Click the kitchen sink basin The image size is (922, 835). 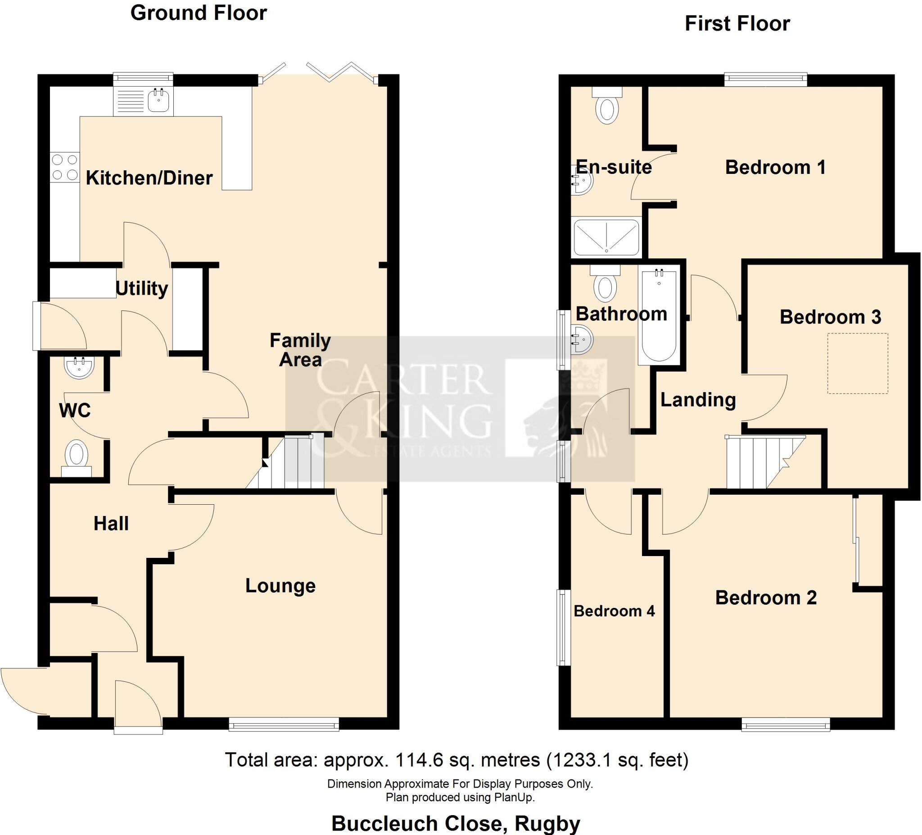158,100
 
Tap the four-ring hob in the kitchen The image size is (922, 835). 64,167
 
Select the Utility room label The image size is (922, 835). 142,288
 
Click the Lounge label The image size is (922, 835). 280,585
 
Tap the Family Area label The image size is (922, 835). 300,350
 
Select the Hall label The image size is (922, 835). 111,523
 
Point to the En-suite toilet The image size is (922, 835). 607,106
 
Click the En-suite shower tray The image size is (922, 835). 606,237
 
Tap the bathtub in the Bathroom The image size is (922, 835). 659,316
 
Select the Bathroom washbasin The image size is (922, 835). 581,339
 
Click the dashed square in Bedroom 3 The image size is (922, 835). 858,363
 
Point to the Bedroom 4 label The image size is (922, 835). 614,611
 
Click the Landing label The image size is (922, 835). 698,400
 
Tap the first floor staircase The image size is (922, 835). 759,462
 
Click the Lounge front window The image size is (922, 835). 284,724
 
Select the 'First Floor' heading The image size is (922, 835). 737,24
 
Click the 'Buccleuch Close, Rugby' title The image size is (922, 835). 456,824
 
